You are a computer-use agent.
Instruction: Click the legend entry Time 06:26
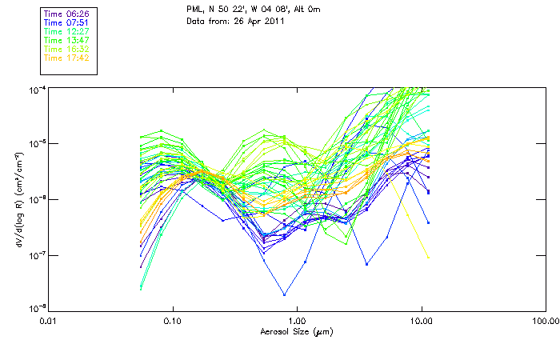tap(66, 14)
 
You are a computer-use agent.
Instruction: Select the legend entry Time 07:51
tap(66, 23)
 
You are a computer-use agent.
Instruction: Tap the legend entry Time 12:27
tap(66, 31)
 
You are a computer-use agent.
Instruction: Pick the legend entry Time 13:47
tap(66, 40)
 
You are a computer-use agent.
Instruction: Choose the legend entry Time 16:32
tap(66, 49)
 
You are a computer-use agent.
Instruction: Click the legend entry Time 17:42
tap(66, 58)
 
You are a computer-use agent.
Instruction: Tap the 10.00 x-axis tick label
tap(421, 322)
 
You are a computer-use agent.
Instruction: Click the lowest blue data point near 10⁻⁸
tap(283, 294)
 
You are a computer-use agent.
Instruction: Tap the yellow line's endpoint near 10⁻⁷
tap(429, 258)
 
